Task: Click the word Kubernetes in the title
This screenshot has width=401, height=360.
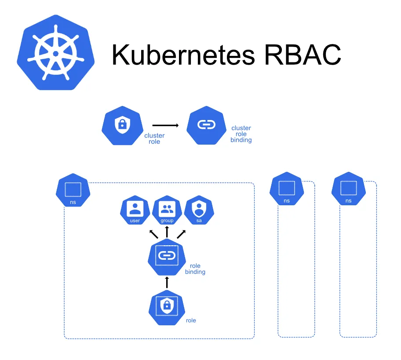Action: [183, 55]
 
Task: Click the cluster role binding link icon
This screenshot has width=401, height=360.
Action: [205, 125]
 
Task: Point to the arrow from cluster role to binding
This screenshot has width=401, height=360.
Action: [165, 126]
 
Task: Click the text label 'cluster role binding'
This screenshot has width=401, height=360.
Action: [241, 134]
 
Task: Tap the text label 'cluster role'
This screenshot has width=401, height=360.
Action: [154, 138]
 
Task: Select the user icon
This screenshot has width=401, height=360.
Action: [135, 210]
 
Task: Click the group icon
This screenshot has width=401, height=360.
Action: [167, 210]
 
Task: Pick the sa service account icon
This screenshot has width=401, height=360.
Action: [199, 210]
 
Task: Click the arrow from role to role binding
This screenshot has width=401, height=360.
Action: [167, 282]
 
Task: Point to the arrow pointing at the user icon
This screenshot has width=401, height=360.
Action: [153, 233]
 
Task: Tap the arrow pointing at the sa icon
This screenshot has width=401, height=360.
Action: [181, 233]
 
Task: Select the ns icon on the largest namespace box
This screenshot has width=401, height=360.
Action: [73, 191]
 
